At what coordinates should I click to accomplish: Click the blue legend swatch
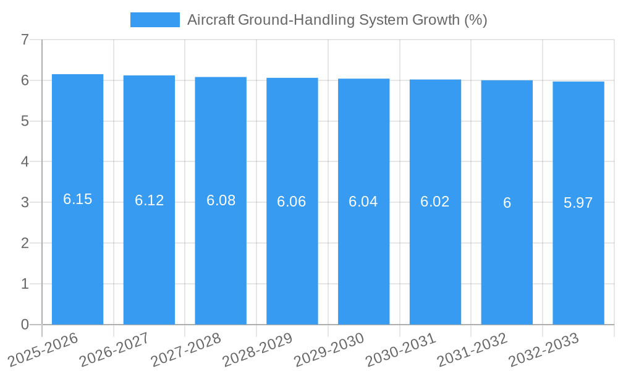coord(154,20)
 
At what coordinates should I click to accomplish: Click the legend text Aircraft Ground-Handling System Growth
coord(337,20)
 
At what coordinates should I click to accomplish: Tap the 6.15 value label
coord(78,199)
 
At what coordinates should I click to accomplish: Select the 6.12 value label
coord(150,200)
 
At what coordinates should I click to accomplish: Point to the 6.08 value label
coord(221,200)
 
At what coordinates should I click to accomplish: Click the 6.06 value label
coord(292,202)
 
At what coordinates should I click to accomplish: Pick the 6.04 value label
coord(363,202)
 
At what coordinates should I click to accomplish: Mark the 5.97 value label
coord(578,203)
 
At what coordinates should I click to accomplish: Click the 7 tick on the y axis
coord(25,40)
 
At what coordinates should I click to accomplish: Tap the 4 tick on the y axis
coord(25,162)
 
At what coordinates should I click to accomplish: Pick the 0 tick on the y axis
coord(25,325)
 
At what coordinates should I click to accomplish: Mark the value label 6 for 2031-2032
coord(507,203)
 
